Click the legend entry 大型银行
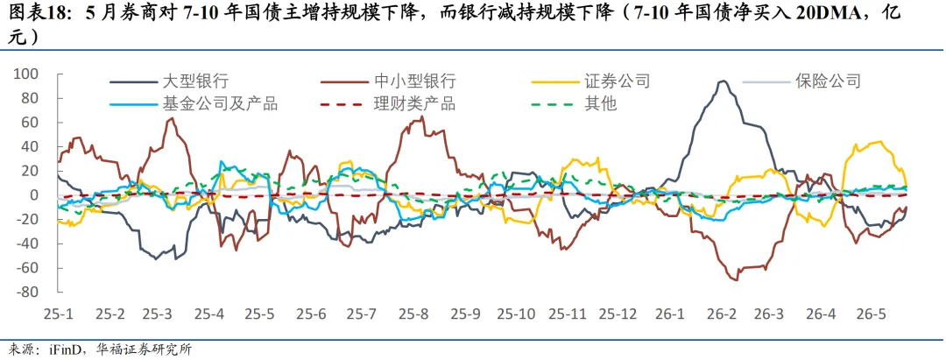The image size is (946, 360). click(168, 81)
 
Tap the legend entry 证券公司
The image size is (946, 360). click(590, 81)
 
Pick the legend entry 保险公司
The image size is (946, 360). click(801, 81)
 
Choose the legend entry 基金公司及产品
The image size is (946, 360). click(194, 103)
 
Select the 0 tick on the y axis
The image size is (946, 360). click(35, 195)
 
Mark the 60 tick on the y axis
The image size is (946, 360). click(31, 123)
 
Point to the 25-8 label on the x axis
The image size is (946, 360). click(413, 314)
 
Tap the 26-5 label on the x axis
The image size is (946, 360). click(872, 314)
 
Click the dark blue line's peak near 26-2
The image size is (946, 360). click(723, 81)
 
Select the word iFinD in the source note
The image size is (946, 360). click(60, 349)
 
